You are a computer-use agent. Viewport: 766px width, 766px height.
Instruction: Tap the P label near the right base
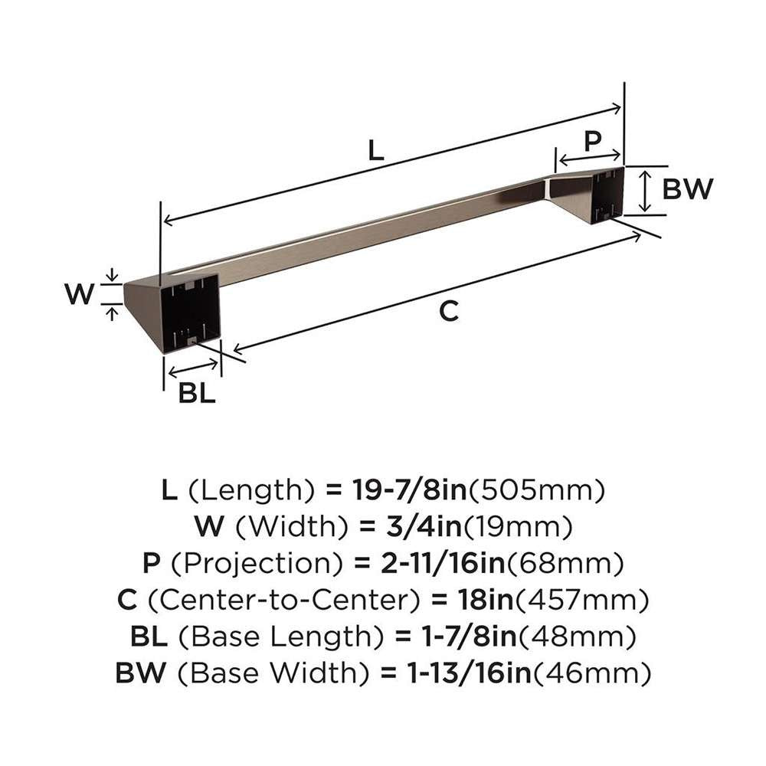tap(593, 142)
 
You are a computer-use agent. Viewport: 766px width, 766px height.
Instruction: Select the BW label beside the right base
tap(688, 189)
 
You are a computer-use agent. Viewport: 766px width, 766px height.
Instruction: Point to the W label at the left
tap(79, 294)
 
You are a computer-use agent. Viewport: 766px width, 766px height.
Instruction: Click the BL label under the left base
tap(197, 393)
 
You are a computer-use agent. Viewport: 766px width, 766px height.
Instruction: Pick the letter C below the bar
tap(449, 311)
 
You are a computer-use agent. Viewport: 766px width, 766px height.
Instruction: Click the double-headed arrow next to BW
tap(645, 191)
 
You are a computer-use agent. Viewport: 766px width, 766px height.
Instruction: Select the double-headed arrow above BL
tap(193, 369)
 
